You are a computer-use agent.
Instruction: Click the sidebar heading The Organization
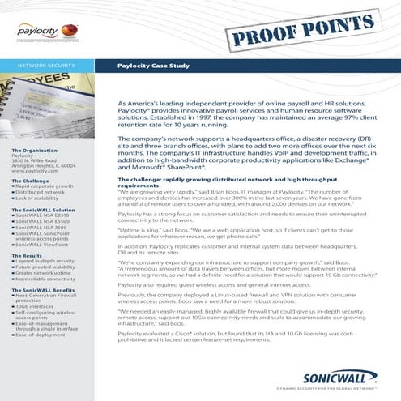(34, 151)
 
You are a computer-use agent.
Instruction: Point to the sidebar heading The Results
(28, 255)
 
